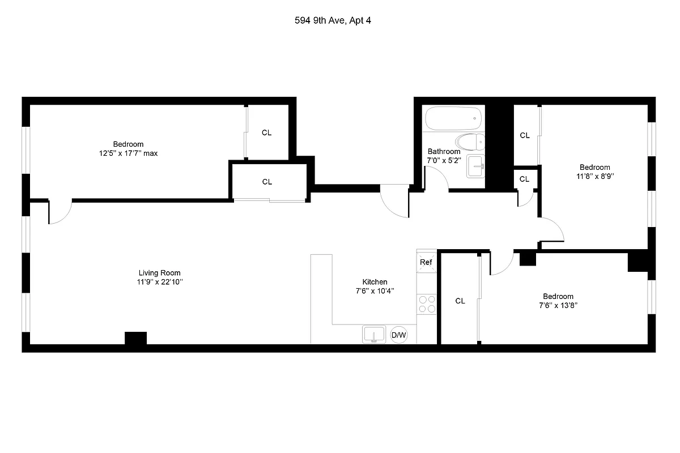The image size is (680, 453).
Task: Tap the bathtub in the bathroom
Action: (x=453, y=119)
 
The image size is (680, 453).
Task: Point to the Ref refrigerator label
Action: (x=426, y=262)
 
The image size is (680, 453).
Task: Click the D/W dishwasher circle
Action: (x=399, y=335)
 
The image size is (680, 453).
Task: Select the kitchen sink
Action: (x=373, y=334)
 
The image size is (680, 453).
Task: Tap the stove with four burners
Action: (x=426, y=304)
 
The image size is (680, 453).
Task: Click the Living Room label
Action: (x=160, y=272)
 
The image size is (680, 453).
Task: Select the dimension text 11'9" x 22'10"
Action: (x=160, y=281)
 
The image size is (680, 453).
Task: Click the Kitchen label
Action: (x=375, y=281)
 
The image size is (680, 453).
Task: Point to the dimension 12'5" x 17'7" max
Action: (x=128, y=153)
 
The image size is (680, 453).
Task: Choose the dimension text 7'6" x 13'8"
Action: (x=558, y=305)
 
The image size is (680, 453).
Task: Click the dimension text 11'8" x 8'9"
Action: (x=594, y=176)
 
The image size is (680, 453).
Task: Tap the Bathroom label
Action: (x=444, y=151)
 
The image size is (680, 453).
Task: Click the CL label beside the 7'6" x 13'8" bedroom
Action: (x=460, y=301)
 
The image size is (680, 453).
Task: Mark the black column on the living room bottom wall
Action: (x=135, y=338)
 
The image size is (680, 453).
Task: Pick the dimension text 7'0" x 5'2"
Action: (x=444, y=160)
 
